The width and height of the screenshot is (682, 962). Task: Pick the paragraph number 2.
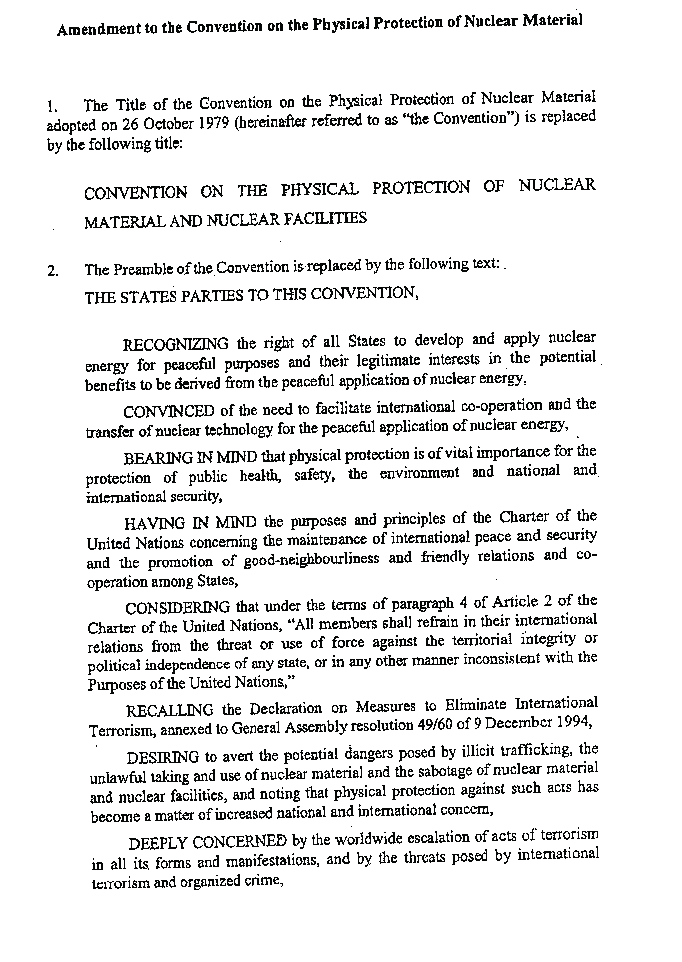pos(53,272)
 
